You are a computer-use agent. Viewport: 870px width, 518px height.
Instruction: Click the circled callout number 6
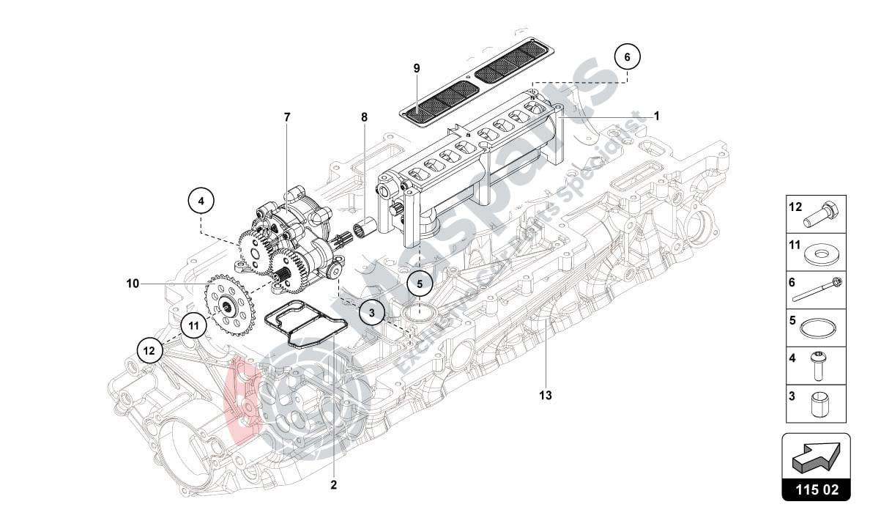pos(627,56)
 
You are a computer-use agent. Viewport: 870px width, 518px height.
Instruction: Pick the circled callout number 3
pos(372,313)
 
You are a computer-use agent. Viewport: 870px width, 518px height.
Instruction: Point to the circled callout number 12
pos(149,351)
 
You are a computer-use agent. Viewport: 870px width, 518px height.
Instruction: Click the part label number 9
pos(417,68)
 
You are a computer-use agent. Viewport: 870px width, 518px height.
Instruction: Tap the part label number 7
pos(287,117)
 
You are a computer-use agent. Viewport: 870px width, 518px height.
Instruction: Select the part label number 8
pos(364,117)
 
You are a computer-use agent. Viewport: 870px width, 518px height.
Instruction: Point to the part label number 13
pos(545,396)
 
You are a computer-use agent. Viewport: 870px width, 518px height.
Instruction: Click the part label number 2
pos(333,485)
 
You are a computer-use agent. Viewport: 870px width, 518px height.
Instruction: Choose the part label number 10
pos(132,283)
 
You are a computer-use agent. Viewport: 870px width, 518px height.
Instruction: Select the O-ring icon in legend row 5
pos(817,328)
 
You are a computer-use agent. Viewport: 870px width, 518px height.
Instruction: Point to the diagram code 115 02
pos(816,489)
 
